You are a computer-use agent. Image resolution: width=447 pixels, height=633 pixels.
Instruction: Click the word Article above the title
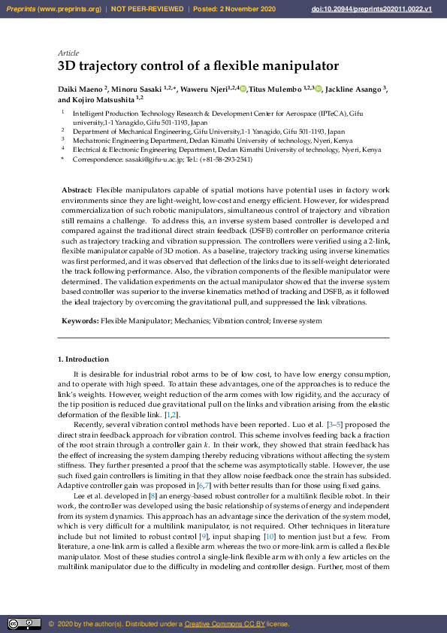pyautogui.click(x=67, y=53)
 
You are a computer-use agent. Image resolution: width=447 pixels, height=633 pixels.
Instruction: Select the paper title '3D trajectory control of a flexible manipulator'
pyautogui.click(x=198, y=66)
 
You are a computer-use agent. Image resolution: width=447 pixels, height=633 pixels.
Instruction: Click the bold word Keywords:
pyautogui.click(x=80, y=321)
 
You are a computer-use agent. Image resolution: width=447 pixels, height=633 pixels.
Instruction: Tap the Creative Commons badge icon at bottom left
pyautogui.click(x=24, y=624)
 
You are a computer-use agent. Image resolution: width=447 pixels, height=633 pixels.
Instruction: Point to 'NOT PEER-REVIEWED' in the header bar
pyautogui.click(x=148, y=9)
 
